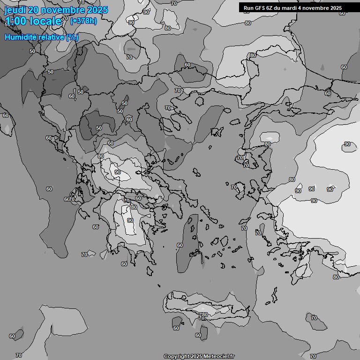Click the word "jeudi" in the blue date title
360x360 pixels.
coord(15,10)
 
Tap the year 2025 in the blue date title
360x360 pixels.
coord(97,10)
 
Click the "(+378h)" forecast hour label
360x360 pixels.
coord(83,21)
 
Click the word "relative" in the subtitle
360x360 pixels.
coord(52,37)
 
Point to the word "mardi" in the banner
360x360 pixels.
coord(291,8)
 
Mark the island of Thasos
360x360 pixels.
coord(199,101)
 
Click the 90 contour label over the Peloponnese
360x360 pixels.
coord(130,220)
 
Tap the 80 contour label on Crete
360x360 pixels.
coord(204,315)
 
